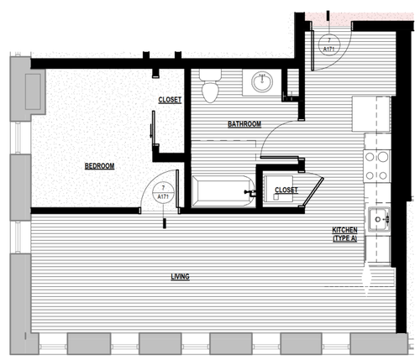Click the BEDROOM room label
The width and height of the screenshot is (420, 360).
(x=99, y=166)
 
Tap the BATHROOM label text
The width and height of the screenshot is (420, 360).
(x=244, y=124)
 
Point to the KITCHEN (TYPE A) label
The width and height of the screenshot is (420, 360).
(x=345, y=234)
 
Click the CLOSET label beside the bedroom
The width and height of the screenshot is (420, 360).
(x=170, y=100)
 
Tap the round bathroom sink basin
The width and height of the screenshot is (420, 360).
(x=262, y=82)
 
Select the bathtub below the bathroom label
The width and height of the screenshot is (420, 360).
(x=221, y=193)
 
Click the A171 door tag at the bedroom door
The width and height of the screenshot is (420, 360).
(x=162, y=193)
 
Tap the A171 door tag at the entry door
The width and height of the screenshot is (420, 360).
(x=330, y=44)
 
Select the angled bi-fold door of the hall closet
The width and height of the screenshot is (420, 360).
(x=315, y=190)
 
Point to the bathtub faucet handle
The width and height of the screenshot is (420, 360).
(x=249, y=193)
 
